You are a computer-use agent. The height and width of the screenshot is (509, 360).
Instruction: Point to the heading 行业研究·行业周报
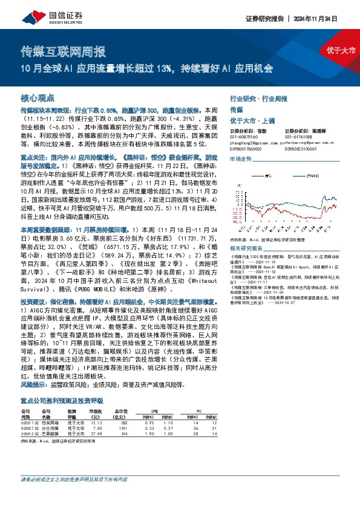(x=256, y=97)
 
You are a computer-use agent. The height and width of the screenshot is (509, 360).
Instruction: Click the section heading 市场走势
(x=241, y=158)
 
